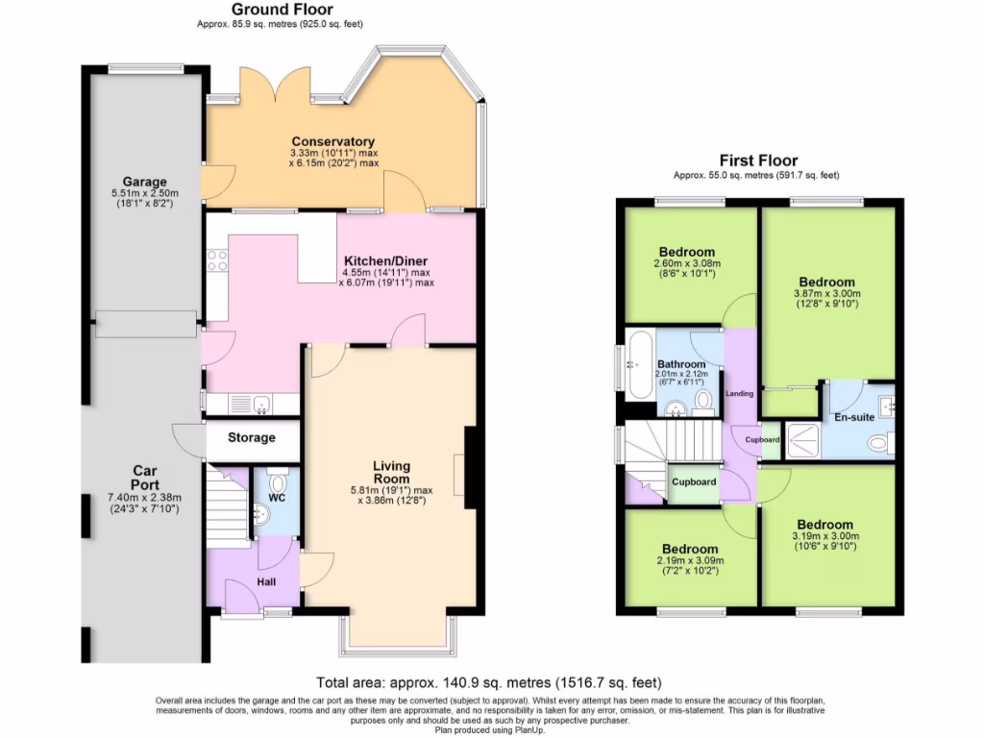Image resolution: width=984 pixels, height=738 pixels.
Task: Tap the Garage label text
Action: pyautogui.click(x=144, y=182)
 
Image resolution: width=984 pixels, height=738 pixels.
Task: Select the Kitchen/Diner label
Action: pyautogui.click(x=385, y=260)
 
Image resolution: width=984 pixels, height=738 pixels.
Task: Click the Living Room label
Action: pyautogui.click(x=391, y=472)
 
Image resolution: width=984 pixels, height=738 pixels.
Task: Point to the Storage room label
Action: pyautogui.click(x=252, y=437)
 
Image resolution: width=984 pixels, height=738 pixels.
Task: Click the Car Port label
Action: pyautogui.click(x=144, y=478)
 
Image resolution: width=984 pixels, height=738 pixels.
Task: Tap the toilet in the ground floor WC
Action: pyautogui.click(x=279, y=480)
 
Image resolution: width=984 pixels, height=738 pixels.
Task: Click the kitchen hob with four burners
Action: pyautogui.click(x=216, y=260)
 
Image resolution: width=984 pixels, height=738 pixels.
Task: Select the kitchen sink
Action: pyautogui.click(x=260, y=406)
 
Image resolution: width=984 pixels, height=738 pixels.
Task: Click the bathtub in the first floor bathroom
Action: pyautogui.click(x=638, y=364)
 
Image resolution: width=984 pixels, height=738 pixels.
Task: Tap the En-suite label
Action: pyautogui.click(x=852, y=418)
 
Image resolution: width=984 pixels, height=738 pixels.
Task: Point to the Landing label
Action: pyautogui.click(x=740, y=394)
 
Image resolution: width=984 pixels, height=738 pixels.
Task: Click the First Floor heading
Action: pyautogui.click(x=758, y=160)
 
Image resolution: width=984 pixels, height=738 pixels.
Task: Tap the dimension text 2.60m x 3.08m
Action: pyautogui.click(x=687, y=263)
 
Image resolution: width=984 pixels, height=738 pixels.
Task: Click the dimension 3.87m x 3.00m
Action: pyautogui.click(x=826, y=294)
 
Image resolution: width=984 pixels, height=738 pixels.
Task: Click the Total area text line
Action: pyautogui.click(x=489, y=683)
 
